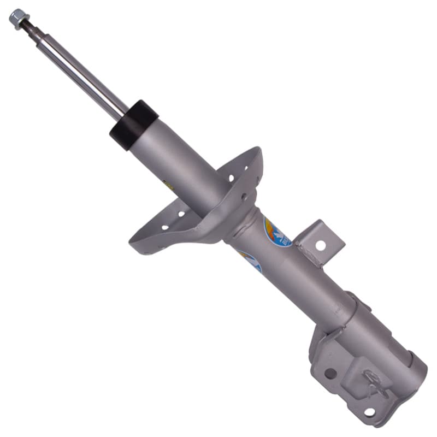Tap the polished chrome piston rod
[82, 71]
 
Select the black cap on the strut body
[133, 125]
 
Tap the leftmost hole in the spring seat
[164, 227]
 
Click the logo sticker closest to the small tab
[277, 232]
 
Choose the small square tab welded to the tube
[324, 238]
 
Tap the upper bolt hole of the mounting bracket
[330, 373]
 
